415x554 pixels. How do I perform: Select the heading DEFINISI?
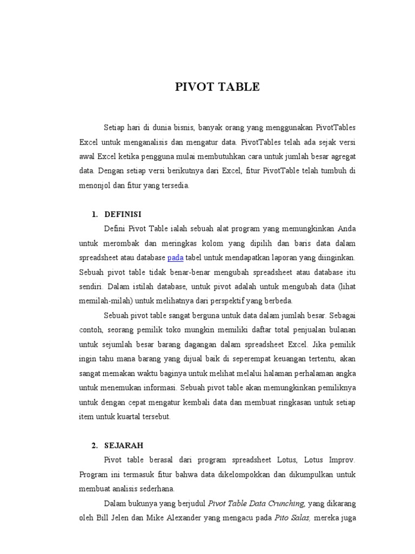(x=123, y=214)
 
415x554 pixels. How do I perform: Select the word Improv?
(x=342, y=460)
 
